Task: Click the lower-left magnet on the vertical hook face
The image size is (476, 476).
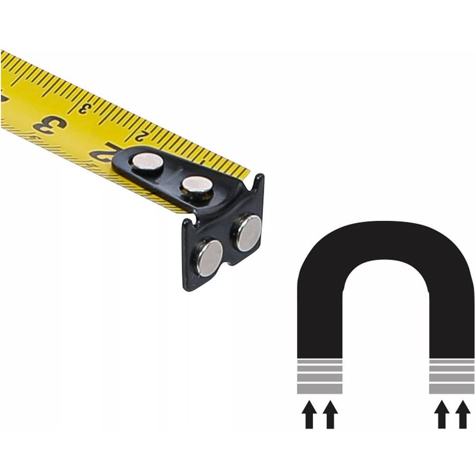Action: pyautogui.click(x=209, y=258)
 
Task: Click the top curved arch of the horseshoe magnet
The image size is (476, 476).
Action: pyautogui.click(x=386, y=240)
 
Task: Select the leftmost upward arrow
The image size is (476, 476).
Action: pyautogui.click(x=309, y=414)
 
